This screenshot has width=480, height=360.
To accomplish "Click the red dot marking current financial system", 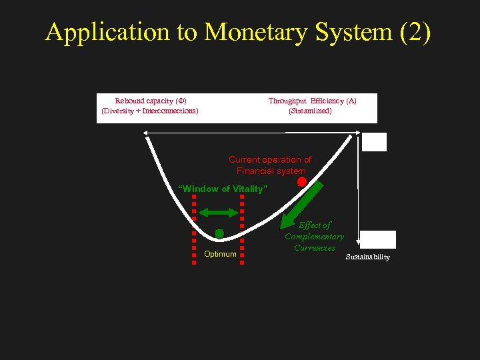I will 301,181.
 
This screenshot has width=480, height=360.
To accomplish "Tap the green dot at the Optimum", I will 219,233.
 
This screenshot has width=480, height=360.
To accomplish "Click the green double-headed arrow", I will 218,213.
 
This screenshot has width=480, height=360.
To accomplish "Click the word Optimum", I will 220,254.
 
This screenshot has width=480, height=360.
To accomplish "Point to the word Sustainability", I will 368,257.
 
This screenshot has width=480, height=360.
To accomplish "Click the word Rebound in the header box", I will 129,101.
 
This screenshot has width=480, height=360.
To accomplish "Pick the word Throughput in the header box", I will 288,101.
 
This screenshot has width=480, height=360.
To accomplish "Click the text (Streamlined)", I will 310,111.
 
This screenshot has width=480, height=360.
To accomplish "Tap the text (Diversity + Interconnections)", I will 150,111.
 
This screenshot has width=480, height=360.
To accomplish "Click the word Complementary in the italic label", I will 315,237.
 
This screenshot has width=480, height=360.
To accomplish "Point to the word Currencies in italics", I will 315,247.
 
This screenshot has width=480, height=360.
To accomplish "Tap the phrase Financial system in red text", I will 271,171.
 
